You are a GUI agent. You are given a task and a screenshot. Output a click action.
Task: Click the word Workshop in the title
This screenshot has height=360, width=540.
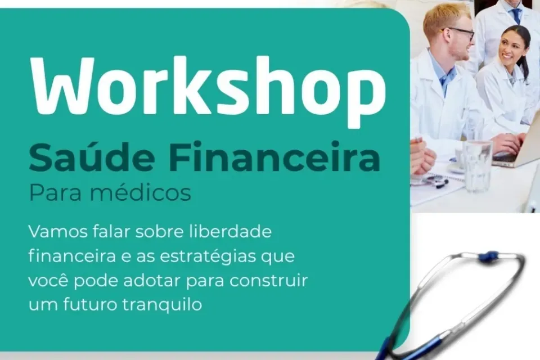(x=208, y=85)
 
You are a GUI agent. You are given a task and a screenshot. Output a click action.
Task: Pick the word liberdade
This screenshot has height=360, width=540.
(x=238, y=232)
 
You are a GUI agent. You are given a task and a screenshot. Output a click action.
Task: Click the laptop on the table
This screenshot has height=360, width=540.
(x=517, y=152)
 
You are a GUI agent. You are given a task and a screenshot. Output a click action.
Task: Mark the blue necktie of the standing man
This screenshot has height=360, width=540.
(x=516, y=15)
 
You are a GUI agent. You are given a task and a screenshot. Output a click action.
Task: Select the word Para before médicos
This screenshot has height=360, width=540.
(x=50, y=193)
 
